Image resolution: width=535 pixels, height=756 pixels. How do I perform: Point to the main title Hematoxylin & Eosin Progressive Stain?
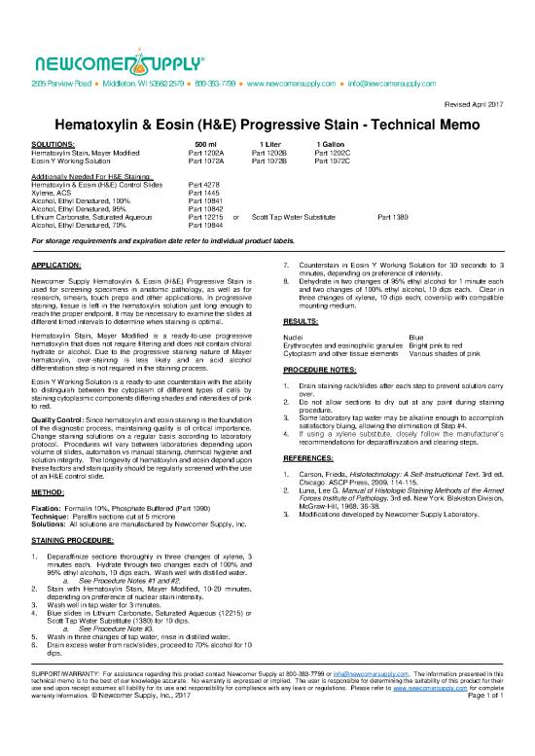[267, 128]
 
